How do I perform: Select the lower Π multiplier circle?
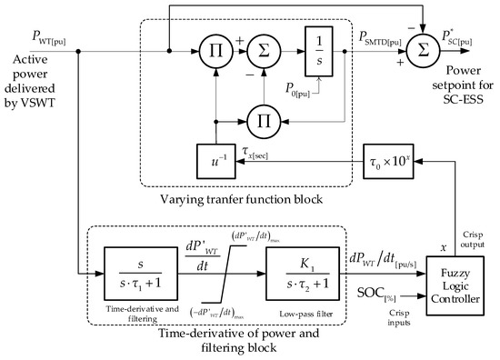click(260, 117)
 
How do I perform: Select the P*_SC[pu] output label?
click(456, 37)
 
